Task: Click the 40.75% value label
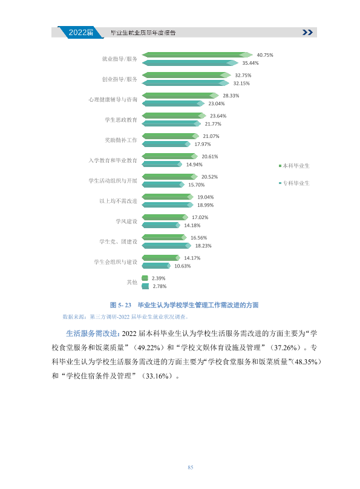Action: [x=264, y=55]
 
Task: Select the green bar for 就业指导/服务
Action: [x=197, y=55]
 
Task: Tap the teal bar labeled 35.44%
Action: [x=190, y=63]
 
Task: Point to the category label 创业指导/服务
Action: [x=120, y=79]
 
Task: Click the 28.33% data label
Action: [x=231, y=96]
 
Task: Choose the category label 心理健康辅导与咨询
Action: [x=113, y=99]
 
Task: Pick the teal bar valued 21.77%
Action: [x=171, y=124]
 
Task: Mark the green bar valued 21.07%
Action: [x=171, y=136]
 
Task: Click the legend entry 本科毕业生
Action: [x=294, y=166]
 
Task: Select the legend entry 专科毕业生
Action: [x=294, y=183]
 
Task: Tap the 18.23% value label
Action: [x=203, y=246]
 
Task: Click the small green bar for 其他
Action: [x=145, y=278]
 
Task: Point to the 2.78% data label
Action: [x=160, y=286]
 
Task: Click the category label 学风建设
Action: [x=126, y=222]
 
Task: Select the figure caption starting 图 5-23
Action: [x=184, y=305]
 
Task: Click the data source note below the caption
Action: [x=126, y=317]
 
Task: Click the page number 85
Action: [x=191, y=467]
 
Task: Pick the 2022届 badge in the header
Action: [x=80, y=33]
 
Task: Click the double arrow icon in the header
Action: [x=307, y=33]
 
